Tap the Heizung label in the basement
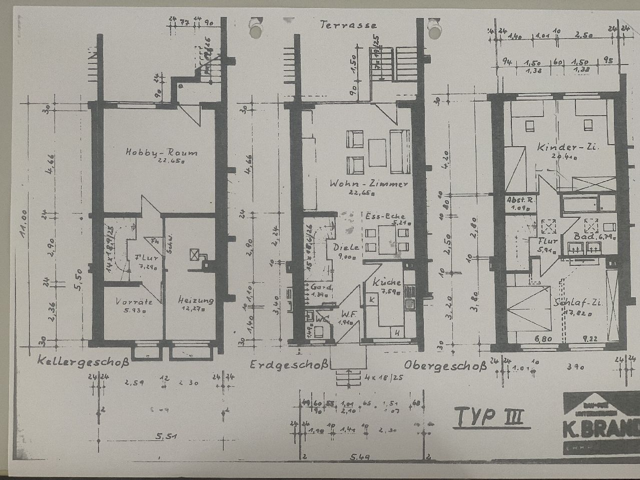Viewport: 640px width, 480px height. [x=196, y=300]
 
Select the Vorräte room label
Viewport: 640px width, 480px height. [x=134, y=302]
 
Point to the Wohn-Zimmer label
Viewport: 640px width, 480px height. [x=369, y=184]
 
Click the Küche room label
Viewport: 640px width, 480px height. [x=387, y=283]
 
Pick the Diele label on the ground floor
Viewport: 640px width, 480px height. [x=346, y=247]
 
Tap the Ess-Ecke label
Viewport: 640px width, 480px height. [x=381, y=216]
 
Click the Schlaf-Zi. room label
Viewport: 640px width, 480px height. [x=578, y=303]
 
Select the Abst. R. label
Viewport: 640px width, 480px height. [x=520, y=200]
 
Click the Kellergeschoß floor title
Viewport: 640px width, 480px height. [x=83, y=361]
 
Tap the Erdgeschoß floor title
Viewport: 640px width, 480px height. [x=289, y=365]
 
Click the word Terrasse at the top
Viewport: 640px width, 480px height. [x=349, y=25]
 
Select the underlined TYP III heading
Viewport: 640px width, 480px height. [x=491, y=416]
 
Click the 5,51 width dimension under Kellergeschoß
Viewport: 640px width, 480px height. [x=167, y=437]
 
